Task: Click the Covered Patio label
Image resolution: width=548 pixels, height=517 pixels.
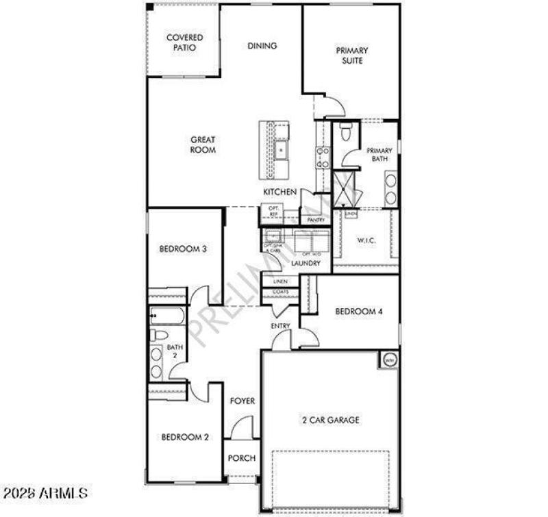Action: pos(184,42)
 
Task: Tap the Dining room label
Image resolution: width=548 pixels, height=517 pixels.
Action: pos(262,46)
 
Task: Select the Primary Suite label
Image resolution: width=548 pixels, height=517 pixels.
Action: pos(351,55)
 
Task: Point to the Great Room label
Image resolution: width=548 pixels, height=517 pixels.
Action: pos(203,144)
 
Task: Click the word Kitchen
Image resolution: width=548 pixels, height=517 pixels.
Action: pos(279,192)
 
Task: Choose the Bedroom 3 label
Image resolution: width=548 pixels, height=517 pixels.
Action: pos(183,249)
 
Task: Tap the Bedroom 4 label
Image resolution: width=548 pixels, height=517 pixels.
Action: pos(358,312)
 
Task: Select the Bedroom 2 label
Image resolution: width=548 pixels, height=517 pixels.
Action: pos(184,437)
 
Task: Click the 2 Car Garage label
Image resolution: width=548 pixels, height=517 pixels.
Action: pos(331,420)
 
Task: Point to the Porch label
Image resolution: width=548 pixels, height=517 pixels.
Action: pos(242,458)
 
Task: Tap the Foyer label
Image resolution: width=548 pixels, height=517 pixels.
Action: pos(242,401)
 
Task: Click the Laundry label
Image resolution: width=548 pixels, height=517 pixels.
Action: pos(306,263)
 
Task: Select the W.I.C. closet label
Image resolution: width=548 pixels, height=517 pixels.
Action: pos(365,240)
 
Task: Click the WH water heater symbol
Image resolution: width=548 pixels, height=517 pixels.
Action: pos(389,360)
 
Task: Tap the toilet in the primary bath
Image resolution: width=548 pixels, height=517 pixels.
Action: pos(345,132)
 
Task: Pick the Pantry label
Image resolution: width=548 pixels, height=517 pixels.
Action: pos(315,220)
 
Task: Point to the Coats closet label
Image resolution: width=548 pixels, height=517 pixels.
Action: pos(281,292)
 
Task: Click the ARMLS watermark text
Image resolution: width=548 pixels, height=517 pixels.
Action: pos(45,493)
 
